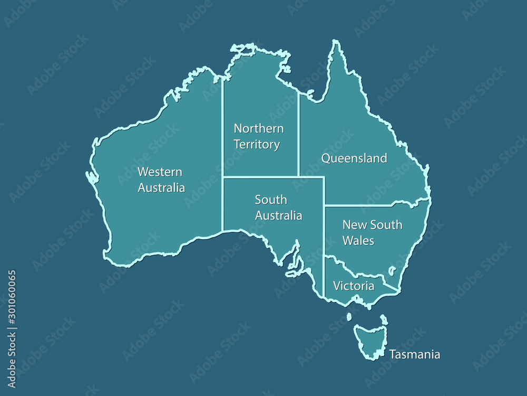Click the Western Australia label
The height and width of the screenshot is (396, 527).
161,180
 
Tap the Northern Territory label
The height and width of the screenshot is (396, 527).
258,136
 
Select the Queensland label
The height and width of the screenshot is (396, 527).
354,158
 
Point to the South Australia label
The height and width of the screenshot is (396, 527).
278,208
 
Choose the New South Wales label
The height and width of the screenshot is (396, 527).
372,232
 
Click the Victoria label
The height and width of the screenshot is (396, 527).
354,286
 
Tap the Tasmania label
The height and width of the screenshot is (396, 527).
415,354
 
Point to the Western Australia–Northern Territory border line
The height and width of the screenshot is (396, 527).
222,127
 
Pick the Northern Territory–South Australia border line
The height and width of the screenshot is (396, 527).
261,177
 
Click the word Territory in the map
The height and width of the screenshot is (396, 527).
257,144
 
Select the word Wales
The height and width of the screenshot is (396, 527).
358,241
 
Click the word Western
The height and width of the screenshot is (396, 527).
160,172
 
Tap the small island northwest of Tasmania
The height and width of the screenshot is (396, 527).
349,317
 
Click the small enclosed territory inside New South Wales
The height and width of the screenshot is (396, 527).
392,271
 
